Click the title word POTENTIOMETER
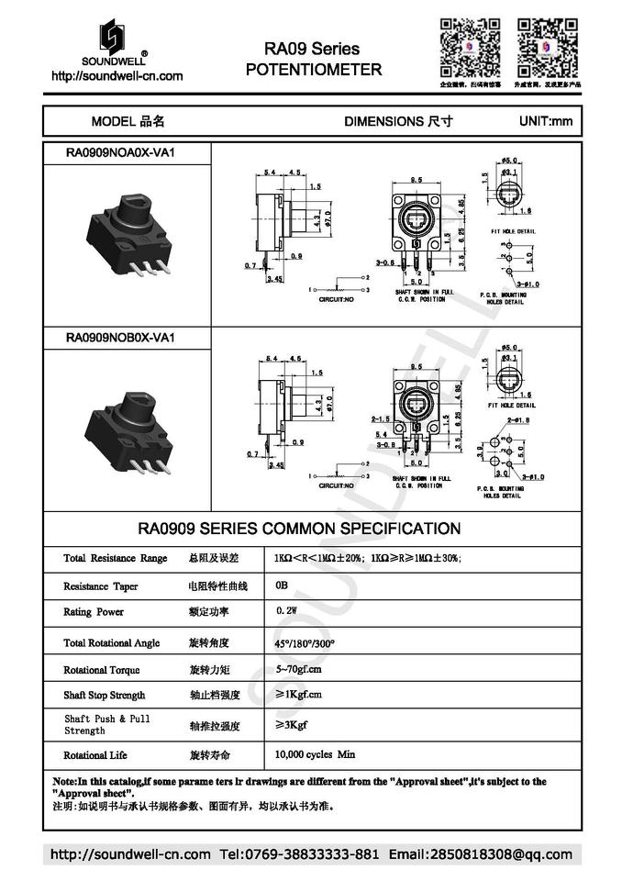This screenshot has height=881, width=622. pos(313,69)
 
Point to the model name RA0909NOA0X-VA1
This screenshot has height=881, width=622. pos(120,153)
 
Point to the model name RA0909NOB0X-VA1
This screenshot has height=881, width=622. pos(120,338)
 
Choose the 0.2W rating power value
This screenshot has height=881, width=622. pos(286,610)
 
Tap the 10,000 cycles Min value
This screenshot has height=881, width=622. pos(315,754)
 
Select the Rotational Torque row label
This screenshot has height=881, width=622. pos(102,670)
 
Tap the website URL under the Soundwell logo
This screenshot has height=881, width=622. pos(117,76)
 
